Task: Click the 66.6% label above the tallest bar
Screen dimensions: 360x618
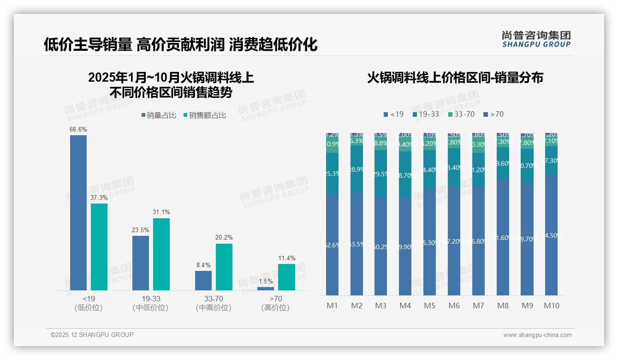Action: pos(78,130)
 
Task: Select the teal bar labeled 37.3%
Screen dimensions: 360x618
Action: pos(99,246)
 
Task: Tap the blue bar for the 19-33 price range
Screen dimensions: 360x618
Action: pos(141,263)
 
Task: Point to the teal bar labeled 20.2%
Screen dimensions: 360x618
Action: pos(224,267)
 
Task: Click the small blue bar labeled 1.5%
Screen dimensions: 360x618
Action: pos(265,288)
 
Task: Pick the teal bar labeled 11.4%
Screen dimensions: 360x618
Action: pos(286,277)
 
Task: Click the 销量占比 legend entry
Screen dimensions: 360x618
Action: pos(159,115)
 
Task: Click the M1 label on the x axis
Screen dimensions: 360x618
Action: pos(332,306)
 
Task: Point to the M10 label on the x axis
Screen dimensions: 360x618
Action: pos(551,306)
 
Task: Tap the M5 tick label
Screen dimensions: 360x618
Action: pos(429,306)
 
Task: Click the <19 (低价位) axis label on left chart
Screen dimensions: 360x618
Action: pos(88,303)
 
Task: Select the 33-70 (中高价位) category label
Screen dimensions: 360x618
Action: pos(213,303)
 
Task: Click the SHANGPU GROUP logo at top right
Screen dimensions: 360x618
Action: pos(536,39)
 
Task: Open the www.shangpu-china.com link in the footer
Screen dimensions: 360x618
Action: pos(537,335)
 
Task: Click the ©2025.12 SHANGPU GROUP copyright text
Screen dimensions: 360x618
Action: pos(92,335)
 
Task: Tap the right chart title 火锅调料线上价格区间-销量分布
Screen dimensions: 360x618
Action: pos(455,78)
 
